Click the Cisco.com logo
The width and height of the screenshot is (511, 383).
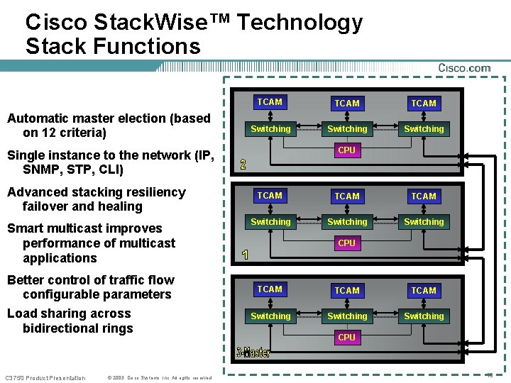coord(464,67)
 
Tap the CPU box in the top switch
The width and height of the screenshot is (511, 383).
coord(347,150)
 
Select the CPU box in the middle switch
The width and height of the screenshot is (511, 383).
coord(347,243)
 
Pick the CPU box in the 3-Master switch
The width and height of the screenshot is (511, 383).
coord(347,338)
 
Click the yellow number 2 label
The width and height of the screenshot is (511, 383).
coord(243,165)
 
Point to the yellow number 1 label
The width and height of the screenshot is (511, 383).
coord(245,255)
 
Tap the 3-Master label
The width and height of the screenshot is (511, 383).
coord(253,352)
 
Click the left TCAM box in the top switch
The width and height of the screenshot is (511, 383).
coord(270,102)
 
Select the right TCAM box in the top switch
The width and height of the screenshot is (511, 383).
coord(424,103)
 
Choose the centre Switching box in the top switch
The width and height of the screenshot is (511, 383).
coord(347,129)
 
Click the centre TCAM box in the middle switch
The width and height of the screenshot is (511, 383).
coord(347,196)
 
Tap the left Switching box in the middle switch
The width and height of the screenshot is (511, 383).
coord(270,222)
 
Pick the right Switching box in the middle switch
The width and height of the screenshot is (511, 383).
coord(424,222)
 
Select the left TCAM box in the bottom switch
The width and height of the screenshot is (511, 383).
coord(270,289)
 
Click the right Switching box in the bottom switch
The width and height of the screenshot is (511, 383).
coord(424,316)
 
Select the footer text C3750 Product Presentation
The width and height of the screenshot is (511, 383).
coord(45,377)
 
